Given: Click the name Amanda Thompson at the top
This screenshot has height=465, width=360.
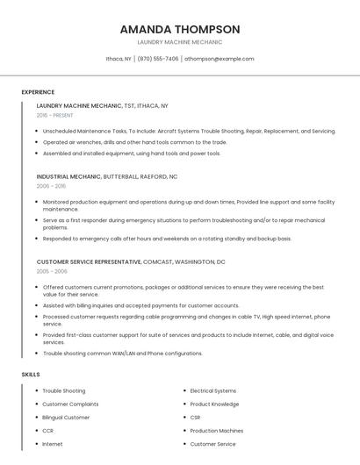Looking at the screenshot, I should (180, 29).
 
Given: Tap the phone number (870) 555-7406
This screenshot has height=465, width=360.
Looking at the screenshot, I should (157, 59).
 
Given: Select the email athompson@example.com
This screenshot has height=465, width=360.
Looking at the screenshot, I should (220, 59).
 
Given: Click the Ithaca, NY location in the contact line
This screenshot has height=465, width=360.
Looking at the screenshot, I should (119, 59).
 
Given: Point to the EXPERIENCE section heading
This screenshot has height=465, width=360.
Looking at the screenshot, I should (38, 92).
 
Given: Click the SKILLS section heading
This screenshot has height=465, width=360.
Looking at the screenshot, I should (31, 375).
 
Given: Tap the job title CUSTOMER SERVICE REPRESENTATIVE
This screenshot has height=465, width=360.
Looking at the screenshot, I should (89, 262).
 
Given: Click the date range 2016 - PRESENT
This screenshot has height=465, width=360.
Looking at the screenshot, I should (56, 115).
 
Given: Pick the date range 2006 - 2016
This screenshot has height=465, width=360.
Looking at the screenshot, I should (51, 186).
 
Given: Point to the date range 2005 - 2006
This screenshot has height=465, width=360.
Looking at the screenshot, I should (51, 272).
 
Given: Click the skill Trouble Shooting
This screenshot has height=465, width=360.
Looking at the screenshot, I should (64, 390).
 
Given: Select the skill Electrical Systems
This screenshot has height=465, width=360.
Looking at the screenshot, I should (213, 390).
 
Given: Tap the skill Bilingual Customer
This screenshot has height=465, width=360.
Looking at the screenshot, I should (66, 418).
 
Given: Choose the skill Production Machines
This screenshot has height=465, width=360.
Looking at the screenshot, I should (217, 431).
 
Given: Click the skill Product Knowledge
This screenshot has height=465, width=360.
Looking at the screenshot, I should (214, 404).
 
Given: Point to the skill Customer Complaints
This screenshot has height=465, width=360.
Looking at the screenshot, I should (70, 404).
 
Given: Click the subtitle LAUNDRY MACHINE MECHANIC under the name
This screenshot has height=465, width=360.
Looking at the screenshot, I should (180, 42).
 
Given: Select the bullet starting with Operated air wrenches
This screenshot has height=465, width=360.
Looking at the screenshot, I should (134, 142).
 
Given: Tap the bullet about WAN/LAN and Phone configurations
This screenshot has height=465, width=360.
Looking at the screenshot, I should (122, 354).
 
